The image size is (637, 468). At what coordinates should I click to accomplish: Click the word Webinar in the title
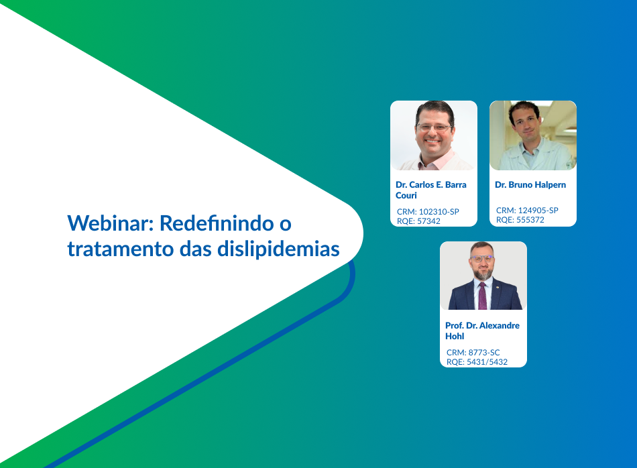click(111, 223)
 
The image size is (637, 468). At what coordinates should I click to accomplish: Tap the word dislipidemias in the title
click(278, 249)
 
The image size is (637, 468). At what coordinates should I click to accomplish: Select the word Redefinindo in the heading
click(217, 223)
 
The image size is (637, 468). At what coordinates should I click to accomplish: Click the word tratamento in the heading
click(121, 249)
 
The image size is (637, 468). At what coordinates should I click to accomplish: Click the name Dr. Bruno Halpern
click(530, 185)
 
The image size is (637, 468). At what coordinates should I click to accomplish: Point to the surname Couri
click(406, 195)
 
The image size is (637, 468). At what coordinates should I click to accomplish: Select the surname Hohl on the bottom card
click(455, 337)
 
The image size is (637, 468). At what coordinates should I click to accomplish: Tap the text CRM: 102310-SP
click(428, 212)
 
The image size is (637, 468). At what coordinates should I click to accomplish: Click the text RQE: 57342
click(418, 221)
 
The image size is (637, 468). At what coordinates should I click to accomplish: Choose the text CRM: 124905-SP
click(527, 211)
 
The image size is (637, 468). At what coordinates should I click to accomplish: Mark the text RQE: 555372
click(520, 220)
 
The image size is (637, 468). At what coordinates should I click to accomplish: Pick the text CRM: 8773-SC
click(473, 353)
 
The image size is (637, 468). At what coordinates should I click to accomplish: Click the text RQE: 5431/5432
click(477, 362)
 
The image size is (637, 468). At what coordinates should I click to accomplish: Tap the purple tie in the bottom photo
click(482, 296)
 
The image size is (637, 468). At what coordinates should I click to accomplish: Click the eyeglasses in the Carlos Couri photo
click(434, 127)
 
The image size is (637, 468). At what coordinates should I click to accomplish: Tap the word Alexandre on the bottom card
click(500, 325)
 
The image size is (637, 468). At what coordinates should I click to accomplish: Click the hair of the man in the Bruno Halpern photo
click(524, 107)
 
